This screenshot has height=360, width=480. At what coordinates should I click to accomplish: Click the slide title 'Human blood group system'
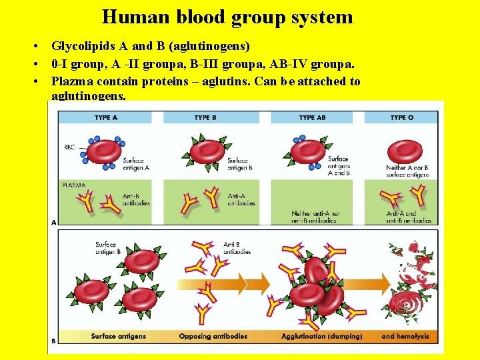coord(227,17)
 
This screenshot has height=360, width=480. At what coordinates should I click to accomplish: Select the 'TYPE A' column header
coord(107,118)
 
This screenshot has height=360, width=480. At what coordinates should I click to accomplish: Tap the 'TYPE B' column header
coord(206,118)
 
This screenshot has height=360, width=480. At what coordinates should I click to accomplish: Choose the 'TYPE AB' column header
coord(311,118)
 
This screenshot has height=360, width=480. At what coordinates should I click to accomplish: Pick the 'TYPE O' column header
coord(402,118)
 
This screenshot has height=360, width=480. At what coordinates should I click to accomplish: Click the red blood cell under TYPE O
coord(405,151)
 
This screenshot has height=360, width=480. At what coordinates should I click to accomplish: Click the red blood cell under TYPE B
coord(207,151)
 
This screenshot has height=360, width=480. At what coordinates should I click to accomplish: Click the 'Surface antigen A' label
coord(136,165)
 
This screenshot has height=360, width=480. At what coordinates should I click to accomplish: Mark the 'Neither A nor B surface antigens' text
coord(408,171)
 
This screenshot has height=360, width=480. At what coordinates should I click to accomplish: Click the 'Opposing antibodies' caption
coord(213,337)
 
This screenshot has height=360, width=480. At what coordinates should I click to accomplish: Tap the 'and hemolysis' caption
coord(405,337)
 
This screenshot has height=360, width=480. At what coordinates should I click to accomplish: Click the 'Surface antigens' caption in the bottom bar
coord(119,337)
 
